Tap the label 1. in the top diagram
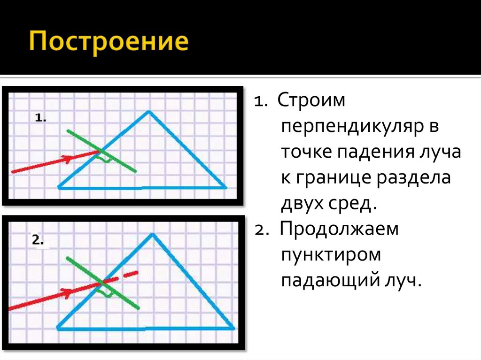pyautogui.click(x=40, y=119)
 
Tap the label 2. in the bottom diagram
pyautogui.click(x=38, y=240)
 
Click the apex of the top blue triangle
pyautogui.click(x=148, y=111)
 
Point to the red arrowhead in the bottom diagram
pyautogui.click(x=68, y=293)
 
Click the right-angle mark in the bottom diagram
pyautogui.click(x=108, y=293)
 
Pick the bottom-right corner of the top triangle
pyautogui.click(x=225, y=187)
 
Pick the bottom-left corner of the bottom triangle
pyautogui.click(x=58, y=327)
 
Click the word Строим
pyautogui.click(x=311, y=101)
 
